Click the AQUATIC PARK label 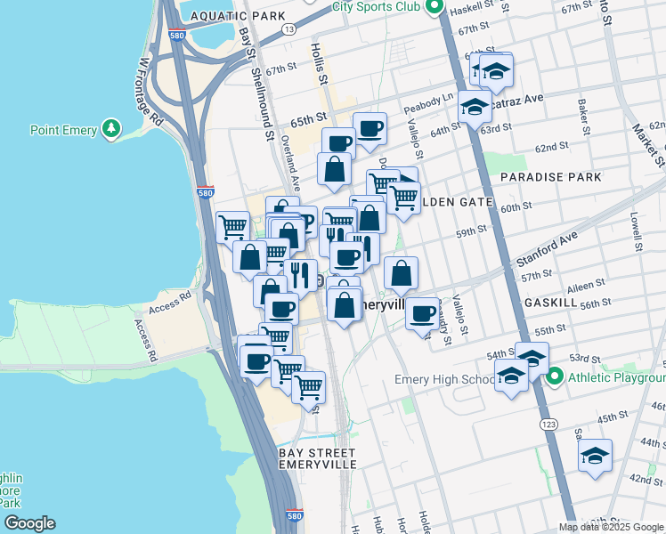click(x=238, y=16)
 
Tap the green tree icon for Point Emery click(x=111, y=129)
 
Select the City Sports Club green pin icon click(x=435, y=7)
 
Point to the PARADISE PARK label click(x=550, y=177)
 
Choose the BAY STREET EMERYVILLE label click(x=318, y=458)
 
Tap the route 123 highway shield click(x=542, y=426)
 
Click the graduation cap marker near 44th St click(x=595, y=456)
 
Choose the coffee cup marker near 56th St click(x=422, y=313)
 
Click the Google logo click(x=29, y=523)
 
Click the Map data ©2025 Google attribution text click(x=611, y=526)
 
